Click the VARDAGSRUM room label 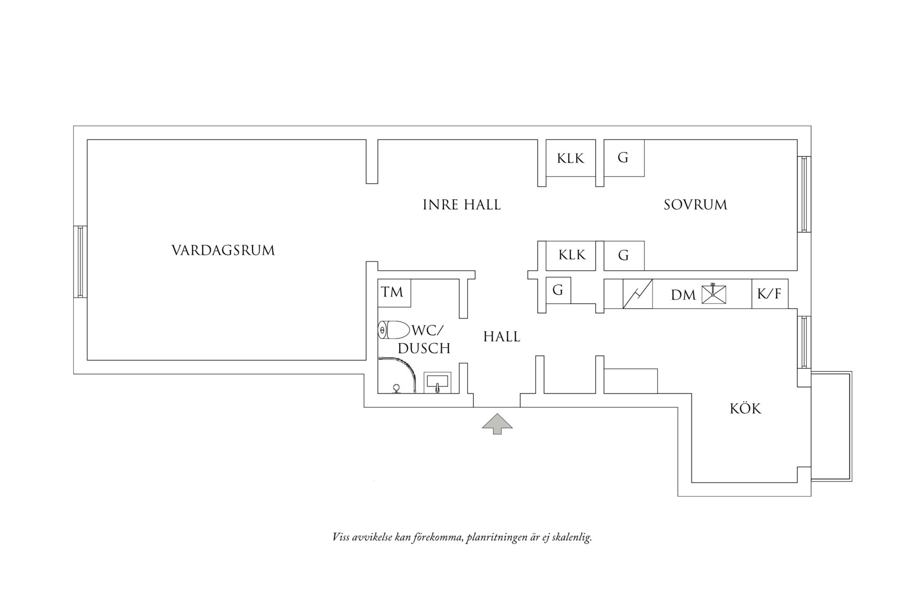pyautogui.click(x=223, y=251)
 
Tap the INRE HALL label pyautogui.click(x=461, y=205)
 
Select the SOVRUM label pyautogui.click(x=695, y=205)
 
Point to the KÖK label pyautogui.click(x=745, y=409)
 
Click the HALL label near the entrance pyautogui.click(x=501, y=337)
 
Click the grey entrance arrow pyautogui.click(x=497, y=423)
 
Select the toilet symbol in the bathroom pyautogui.click(x=393, y=330)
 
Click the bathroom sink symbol pyautogui.click(x=438, y=383)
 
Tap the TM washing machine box pyautogui.click(x=393, y=293)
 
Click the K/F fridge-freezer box pyautogui.click(x=769, y=294)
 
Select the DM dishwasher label pyautogui.click(x=683, y=295)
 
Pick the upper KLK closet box pyautogui.click(x=570, y=158)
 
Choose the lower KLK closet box pyautogui.click(x=572, y=255)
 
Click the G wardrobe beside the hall pyautogui.click(x=558, y=291)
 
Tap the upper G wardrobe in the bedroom pyautogui.click(x=623, y=158)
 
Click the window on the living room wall pyautogui.click(x=80, y=261)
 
